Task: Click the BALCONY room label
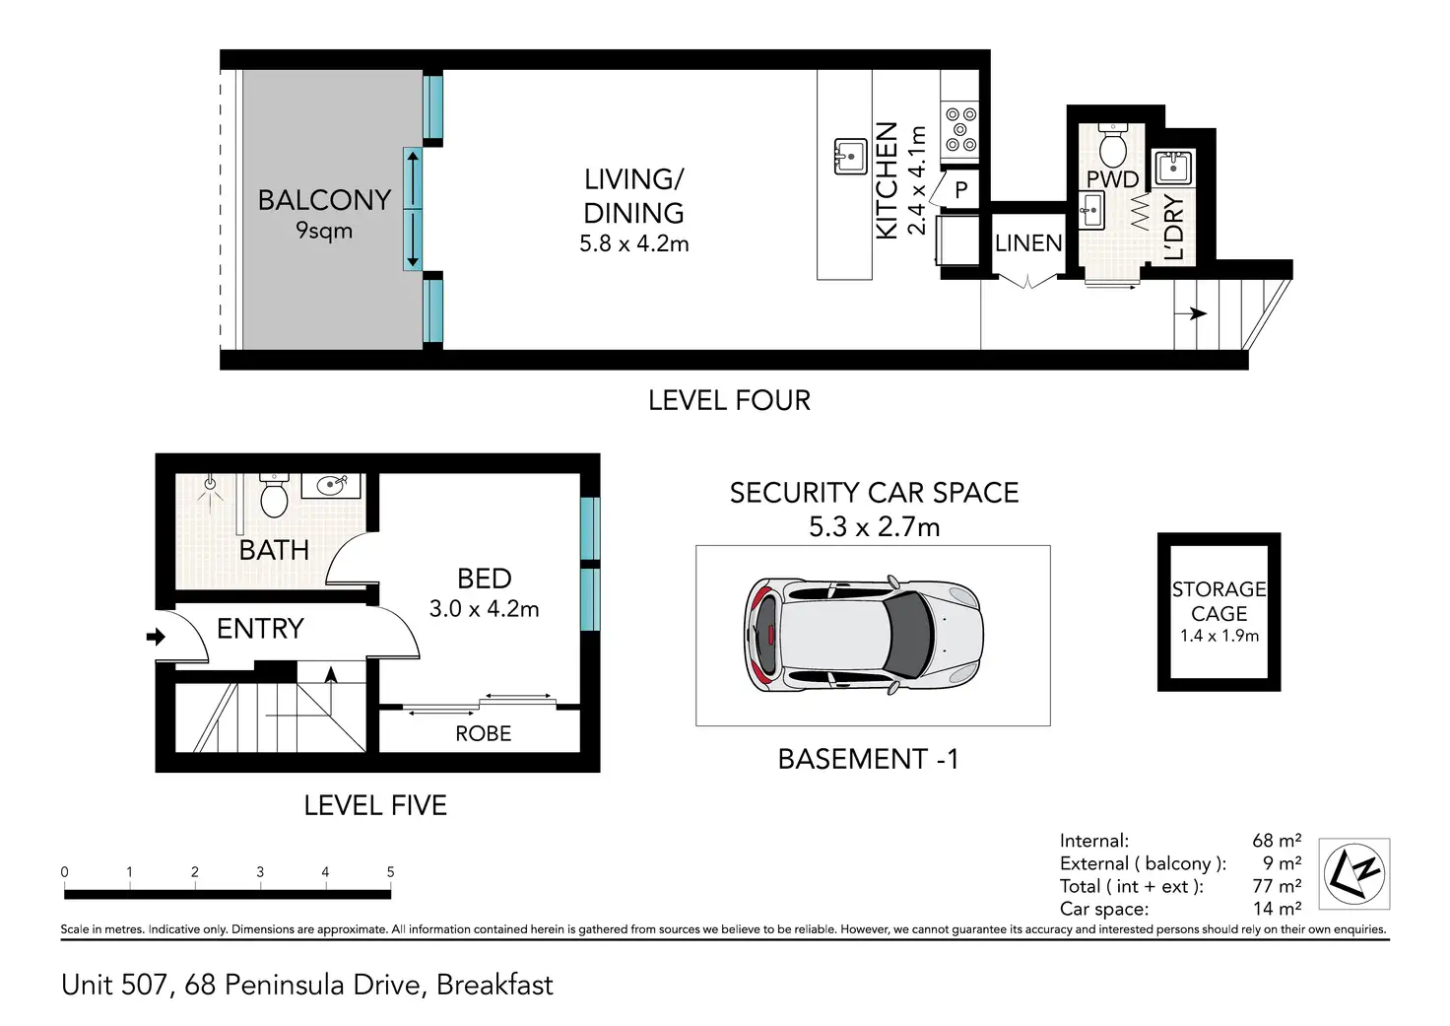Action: click(x=324, y=200)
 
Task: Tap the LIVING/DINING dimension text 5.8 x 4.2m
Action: click(x=633, y=243)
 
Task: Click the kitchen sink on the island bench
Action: click(x=850, y=156)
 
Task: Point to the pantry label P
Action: click(x=961, y=190)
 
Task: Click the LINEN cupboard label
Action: click(x=1028, y=243)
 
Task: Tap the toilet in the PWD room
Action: click(x=1113, y=145)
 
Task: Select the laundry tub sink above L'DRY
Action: click(x=1173, y=168)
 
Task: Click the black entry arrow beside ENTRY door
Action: click(x=156, y=637)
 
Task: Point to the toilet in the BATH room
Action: click(x=275, y=496)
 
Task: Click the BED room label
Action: click(x=485, y=579)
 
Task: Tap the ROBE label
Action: click(x=484, y=733)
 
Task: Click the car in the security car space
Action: click(x=864, y=634)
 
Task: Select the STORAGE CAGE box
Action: click(x=1219, y=612)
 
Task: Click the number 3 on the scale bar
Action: click(x=260, y=872)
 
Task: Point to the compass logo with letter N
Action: click(x=1354, y=874)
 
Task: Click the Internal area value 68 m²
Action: click(x=1277, y=841)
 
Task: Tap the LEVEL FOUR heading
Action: click(x=730, y=400)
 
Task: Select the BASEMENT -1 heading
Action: click(x=868, y=759)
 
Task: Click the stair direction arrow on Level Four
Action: click(x=1190, y=313)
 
